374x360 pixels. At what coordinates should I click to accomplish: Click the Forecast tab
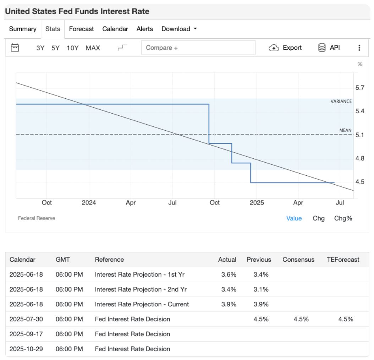click(x=81, y=29)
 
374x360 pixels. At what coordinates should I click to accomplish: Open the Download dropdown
click(x=178, y=29)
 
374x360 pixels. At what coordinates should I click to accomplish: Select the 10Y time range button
click(x=72, y=48)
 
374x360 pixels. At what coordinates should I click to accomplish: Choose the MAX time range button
click(x=93, y=48)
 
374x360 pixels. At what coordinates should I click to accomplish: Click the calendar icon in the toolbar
click(x=15, y=48)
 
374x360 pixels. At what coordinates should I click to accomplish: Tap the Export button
click(x=286, y=48)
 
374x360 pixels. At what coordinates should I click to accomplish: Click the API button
click(x=329, y=48)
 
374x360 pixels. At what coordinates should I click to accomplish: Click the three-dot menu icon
click(x=359, y=48)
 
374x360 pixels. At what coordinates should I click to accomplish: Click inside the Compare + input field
click(x=198, y=48)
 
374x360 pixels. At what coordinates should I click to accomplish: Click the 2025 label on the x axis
click(x=257, y=203)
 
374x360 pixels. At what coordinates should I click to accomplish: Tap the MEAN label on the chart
click(x=345, y=130)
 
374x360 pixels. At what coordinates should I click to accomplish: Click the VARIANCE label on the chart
click(x=341, y=101)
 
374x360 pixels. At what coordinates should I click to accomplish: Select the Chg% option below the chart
click(x=343, y=218)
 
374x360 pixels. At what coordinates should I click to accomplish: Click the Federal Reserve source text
click(x=37, y=218)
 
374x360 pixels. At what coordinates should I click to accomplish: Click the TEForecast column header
click(x=343, y=260)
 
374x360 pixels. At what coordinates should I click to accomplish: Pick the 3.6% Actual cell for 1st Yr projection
click(x=229, y=274)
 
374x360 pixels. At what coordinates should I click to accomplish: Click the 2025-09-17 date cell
click(x=26, y=334)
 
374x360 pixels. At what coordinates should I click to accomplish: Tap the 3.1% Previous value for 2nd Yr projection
click(x=261, y=289)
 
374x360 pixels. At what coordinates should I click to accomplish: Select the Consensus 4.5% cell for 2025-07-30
click(x=301, y=319)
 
